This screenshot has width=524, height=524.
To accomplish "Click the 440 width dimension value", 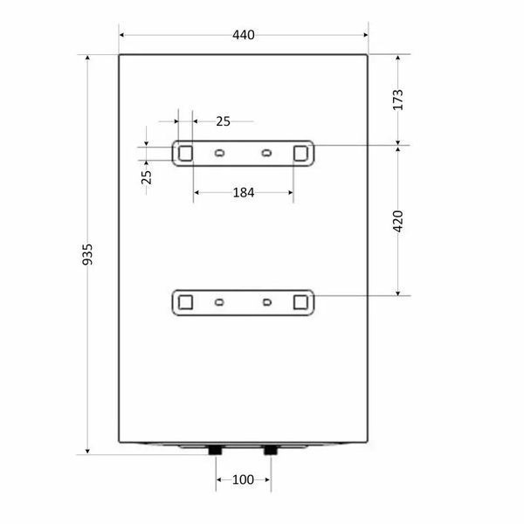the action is pos(244,35).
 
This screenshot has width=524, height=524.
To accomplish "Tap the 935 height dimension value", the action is pos(87,254).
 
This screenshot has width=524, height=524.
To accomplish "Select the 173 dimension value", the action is pos(397,100).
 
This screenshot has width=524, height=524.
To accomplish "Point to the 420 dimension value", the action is pos(397,221).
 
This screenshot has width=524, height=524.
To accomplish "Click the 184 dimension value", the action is pos(244,192).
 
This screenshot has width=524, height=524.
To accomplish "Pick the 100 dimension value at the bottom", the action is pos(243,479).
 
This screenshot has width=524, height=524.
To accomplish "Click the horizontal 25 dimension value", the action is pos(223,121).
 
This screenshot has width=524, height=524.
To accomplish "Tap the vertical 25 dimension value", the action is pos(146,177).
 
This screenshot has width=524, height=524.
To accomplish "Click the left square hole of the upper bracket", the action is pos(185,154).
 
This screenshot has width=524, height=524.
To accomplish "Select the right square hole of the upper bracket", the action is pos(300,154).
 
